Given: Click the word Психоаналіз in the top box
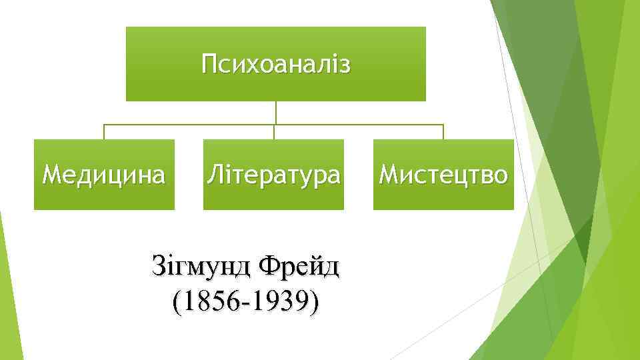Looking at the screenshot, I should click(x=275, y=65).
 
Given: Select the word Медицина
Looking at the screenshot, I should click(x=104, y=175).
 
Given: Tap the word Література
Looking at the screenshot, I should click(x=273, y=175).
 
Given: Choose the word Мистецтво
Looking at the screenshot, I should click(x=443, y=175).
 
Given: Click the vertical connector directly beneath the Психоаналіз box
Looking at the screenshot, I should click(x=276, y=112).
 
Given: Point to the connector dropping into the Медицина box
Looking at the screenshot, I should click(x=104, y=132).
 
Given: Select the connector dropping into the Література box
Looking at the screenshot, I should click(x=274, y=132).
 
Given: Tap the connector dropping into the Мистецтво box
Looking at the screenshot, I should click(x=443, y=132).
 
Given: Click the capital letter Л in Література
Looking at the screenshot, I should click(x=215, y=175).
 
